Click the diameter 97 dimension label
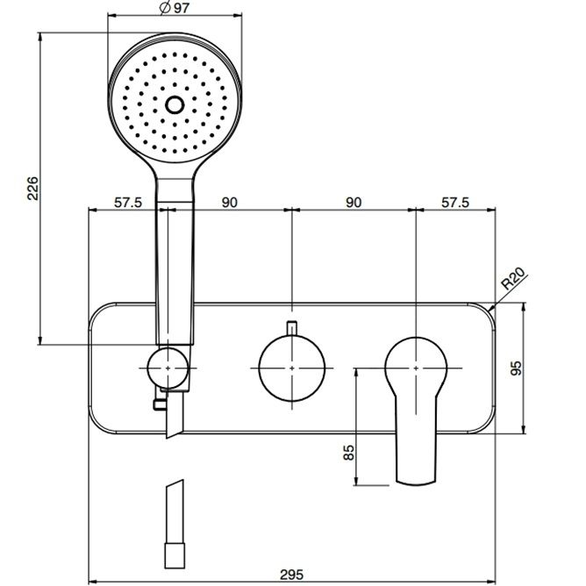click(175, 8)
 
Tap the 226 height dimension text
click(32, 188)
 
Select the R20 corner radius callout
click(512, 279)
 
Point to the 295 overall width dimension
click(292, 575)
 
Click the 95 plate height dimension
click(516, 368)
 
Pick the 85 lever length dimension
click(348, 452)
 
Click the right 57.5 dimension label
click(454, 202)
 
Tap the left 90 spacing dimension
click(229, 202)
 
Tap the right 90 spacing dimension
click(354, 202)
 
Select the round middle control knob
click(292, 368)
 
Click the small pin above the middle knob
click(291, 328)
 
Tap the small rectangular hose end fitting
click(175, 555)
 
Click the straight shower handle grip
click(175, 273)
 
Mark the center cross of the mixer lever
click(416, 368)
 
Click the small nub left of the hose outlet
click(160, 404)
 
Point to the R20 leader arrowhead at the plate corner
click(492, 308)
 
